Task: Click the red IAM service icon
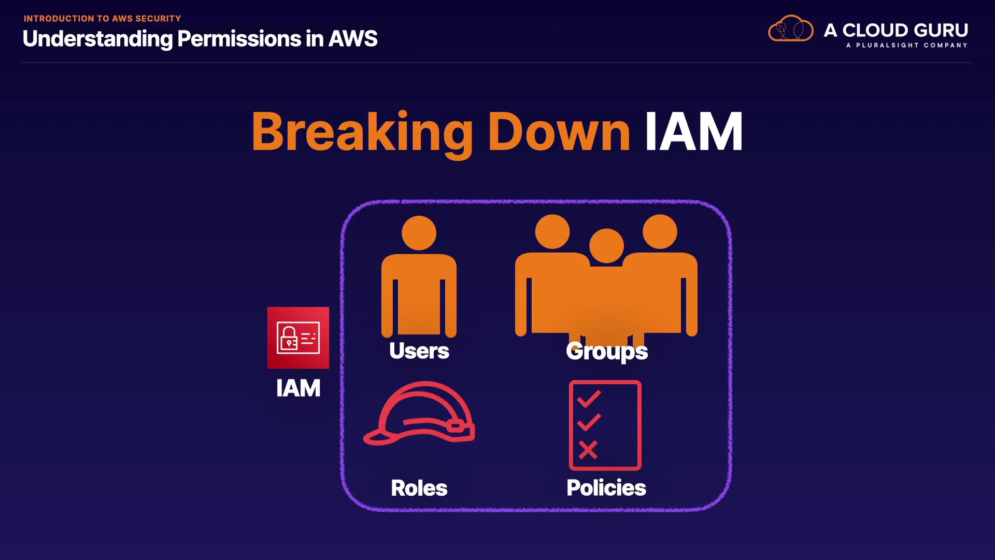(298, 338)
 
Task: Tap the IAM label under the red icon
(298, 388)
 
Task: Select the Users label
(419, 351)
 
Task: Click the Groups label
(607, 352)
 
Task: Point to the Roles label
(419, 488)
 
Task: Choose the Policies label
(606, 488)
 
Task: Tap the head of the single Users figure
(419, 233)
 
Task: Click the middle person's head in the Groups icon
(606, 246)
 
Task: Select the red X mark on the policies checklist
(588, 450)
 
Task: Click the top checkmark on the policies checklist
(589, 399)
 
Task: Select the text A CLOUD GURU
(895, 30)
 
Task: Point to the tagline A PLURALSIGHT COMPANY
(906, 46)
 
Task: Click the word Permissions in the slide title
(239, 39)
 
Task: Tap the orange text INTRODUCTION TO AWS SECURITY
(102, 19)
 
